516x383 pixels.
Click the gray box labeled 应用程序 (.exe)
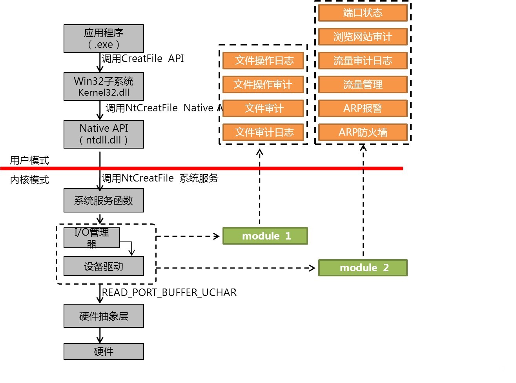pos(104,38)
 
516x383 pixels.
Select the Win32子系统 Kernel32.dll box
pos(104,86)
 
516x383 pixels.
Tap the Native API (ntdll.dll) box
pos(104,134)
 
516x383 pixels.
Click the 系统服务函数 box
pos(104,200)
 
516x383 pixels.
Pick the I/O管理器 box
pos(91,238)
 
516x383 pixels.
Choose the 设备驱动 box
pos(104,266)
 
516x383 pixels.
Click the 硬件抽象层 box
pos(104,316)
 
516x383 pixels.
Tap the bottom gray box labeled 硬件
pos(104,351)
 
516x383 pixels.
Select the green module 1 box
pos(265,236)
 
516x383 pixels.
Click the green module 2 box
pos(363,268)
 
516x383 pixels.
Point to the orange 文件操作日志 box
pos(263,60)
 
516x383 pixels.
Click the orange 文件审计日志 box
pos(263,132)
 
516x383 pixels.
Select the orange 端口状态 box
pos(363,13)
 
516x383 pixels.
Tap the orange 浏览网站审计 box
pos(363,37)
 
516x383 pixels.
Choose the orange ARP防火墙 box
pos(363,132)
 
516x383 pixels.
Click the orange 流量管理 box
pos(363,84)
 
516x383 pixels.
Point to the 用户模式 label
pos(29,160)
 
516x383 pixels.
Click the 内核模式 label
pos(29,180)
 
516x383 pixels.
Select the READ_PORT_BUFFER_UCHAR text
pos(169,292)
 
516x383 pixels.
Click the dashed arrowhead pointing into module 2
pos(312,268)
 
